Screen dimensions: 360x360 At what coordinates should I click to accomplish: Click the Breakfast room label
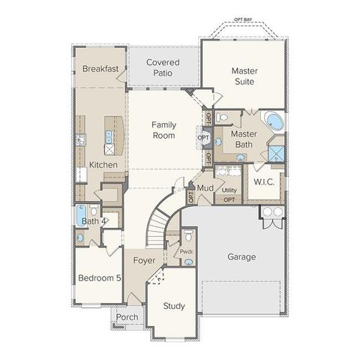100,69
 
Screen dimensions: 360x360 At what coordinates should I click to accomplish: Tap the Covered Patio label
163,67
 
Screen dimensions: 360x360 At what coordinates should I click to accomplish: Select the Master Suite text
244,76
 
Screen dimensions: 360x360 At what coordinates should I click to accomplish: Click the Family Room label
163,130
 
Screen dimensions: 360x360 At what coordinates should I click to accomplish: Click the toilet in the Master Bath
223,118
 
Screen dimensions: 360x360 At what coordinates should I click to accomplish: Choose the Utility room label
229,190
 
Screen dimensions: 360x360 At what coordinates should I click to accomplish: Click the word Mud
205,187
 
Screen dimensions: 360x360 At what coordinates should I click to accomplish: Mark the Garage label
241,256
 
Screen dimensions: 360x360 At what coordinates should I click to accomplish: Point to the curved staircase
159,221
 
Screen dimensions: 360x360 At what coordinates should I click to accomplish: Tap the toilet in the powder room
188,239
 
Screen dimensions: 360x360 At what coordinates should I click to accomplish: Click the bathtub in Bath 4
80,216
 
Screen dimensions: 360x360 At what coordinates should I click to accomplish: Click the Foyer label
144,260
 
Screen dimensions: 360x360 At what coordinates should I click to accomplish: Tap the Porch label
127,317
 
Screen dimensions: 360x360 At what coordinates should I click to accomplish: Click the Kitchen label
103,164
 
